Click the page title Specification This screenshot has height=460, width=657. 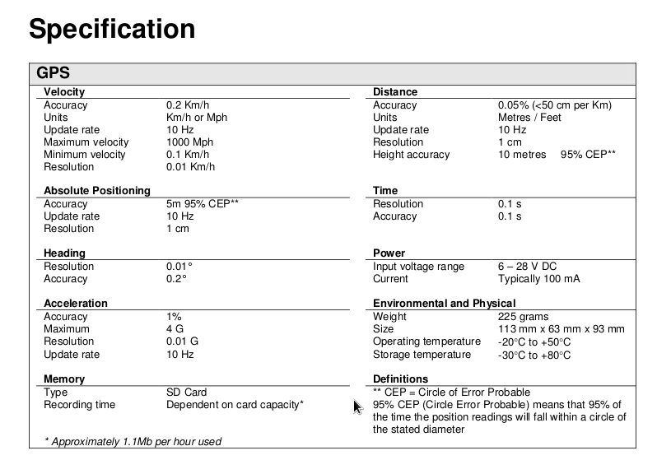pos(112,30)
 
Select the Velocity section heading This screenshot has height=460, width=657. pos(63,92)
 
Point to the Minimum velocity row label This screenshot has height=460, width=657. pos(85,155)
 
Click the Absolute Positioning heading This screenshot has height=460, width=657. pos(97,191)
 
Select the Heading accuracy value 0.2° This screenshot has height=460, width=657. pos(176,279)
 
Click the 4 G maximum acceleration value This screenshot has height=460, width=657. pos(175,329)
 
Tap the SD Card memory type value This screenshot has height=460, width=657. pos(187,393)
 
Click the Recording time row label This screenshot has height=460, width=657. pos(79,405)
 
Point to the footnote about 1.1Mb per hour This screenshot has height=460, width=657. pos(133,442)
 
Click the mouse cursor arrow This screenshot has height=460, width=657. pos(357,407)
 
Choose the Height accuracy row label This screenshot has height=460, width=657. pos(411,155)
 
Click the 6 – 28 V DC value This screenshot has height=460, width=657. pos(527,267)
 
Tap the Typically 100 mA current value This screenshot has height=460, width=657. pos(538,279)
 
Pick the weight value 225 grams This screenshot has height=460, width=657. pos(523,317)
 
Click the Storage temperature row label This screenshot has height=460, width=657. pos(422,355)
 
